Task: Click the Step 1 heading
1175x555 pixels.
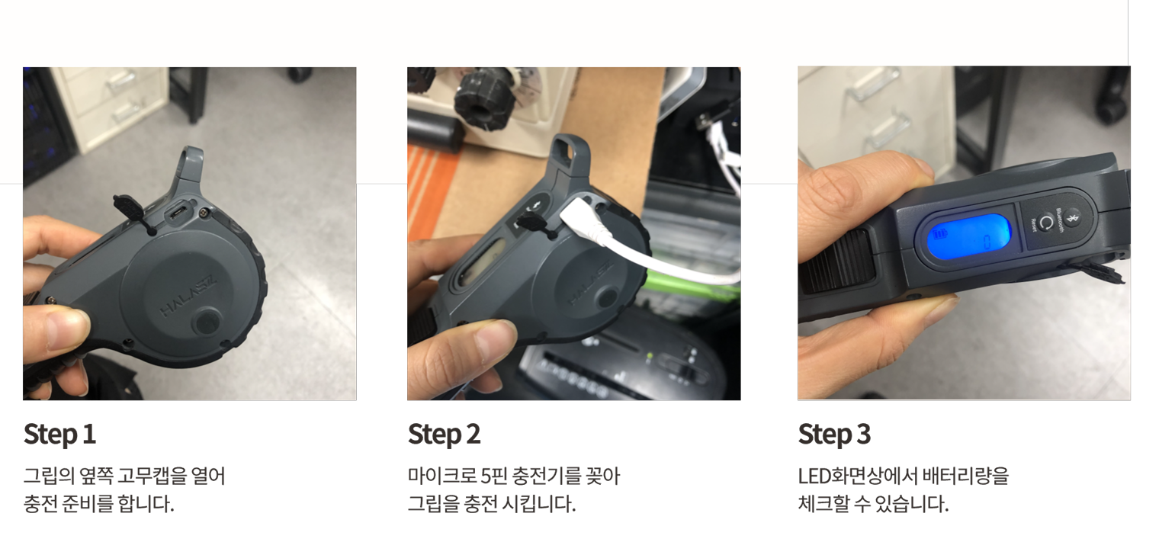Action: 59,435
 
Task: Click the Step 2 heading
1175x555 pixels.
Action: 445,435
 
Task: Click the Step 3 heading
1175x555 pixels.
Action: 835,435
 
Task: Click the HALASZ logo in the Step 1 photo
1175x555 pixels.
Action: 188,295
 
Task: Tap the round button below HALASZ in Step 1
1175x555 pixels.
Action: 207,322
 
